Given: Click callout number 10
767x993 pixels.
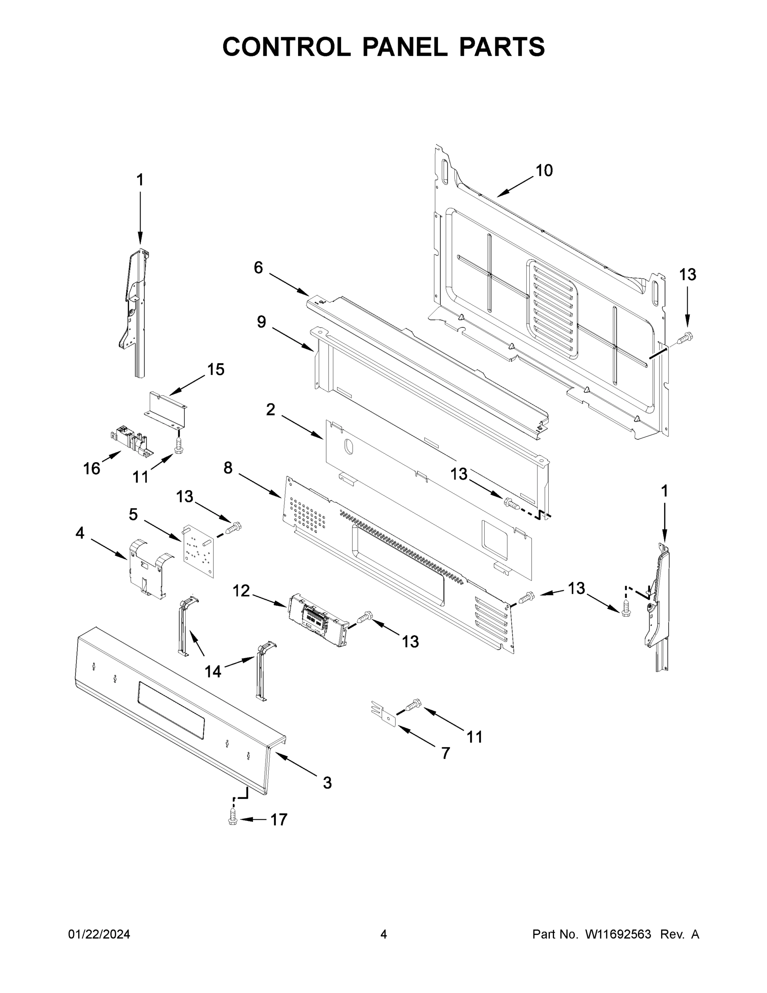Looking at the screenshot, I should [x=544, y=170].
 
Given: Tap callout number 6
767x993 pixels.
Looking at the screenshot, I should [x=258, y=268].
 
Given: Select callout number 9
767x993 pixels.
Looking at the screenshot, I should [x=261, y=322].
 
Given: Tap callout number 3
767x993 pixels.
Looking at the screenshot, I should [x=327, y=783].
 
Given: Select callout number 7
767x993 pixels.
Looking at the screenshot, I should [x=445, y=753].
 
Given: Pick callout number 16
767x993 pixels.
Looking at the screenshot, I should [x=91, y=468].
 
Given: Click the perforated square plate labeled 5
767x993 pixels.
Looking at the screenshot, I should [x=198, y=550].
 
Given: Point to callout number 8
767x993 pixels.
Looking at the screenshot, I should [x=228, y=468].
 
